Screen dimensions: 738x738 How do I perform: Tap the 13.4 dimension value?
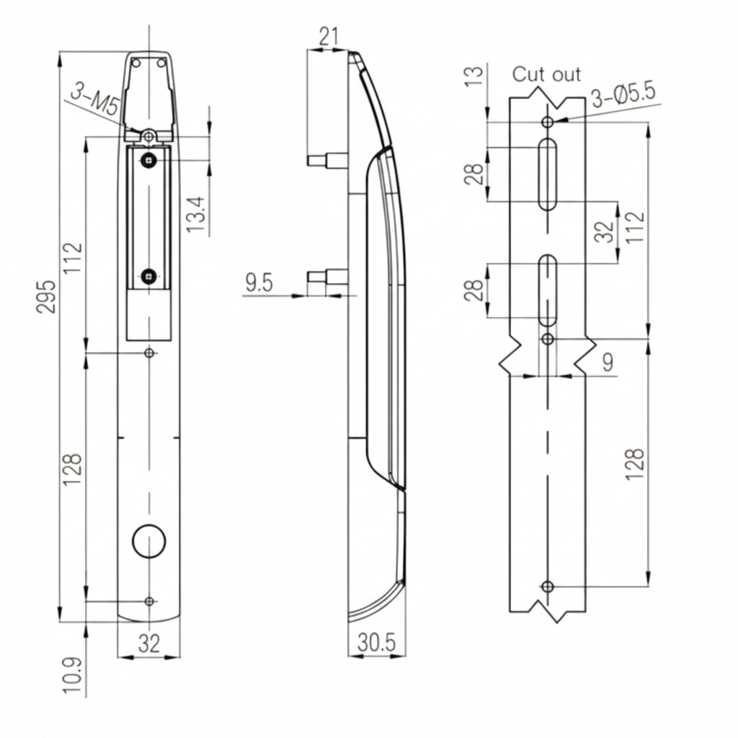[196, 215]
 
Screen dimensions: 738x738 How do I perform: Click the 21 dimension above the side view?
[329, 36]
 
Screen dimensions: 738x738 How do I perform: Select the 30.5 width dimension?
[376, 643]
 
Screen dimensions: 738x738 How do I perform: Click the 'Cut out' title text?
[546, 74]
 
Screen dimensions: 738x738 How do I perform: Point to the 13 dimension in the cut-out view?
[472, 76]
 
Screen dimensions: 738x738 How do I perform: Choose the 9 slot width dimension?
[608, 363]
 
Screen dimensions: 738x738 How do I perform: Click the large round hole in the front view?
[149, 541]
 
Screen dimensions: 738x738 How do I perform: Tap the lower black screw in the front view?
[149, 275]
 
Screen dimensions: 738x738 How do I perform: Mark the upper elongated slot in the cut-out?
[548, 174]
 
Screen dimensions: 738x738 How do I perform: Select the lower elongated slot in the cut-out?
[548, 290]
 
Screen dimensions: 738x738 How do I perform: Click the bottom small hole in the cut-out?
[548, 585]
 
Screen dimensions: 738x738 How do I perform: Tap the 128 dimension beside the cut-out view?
[635, 465]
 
